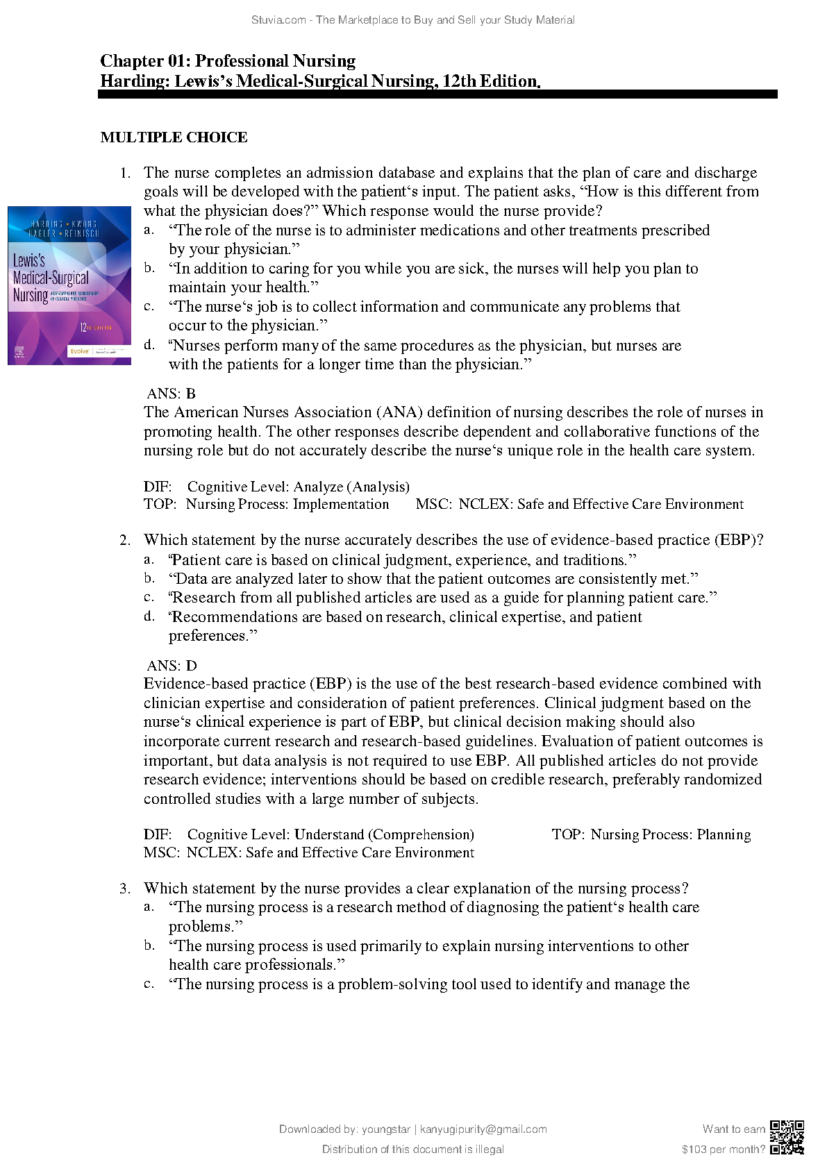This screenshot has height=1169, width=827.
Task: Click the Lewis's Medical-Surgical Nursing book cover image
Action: click(x=69, y=285)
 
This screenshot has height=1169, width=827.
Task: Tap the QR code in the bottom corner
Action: click(x=787, y=1138)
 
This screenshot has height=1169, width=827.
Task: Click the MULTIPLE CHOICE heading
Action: click(x=174, y=137)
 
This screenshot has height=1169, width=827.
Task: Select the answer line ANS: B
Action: click(x=172, y=394)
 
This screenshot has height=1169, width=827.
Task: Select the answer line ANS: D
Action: click(x=172, y=666)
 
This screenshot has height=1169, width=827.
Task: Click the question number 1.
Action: click(x=125, y=173)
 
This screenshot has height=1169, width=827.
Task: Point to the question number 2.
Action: click(x=125, y=540)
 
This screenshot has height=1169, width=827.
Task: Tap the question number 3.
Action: click(x=125, y=889)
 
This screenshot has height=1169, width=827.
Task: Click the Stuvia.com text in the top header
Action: click(x=281, y=20)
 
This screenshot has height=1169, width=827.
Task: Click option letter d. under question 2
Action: click(x=149, y=616)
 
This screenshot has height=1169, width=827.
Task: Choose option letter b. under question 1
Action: click(x=149, y=268)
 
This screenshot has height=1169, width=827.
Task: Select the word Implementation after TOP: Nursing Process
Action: click(x=341, y=505)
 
